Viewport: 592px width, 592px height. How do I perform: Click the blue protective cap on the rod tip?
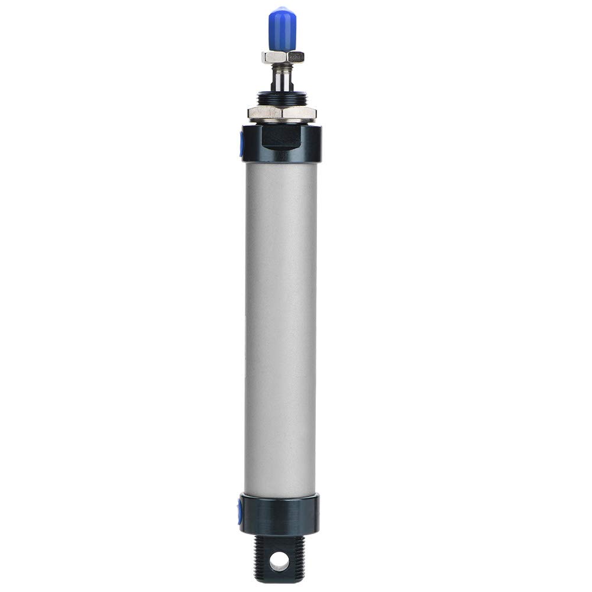click(282, 30)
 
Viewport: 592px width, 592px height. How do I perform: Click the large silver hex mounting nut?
click(282, 112)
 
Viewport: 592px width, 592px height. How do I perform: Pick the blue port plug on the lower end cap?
click(240, 510)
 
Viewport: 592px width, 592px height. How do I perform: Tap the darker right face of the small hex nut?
click(296, 57)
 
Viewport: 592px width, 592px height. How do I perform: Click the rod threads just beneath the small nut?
click(282, 66)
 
